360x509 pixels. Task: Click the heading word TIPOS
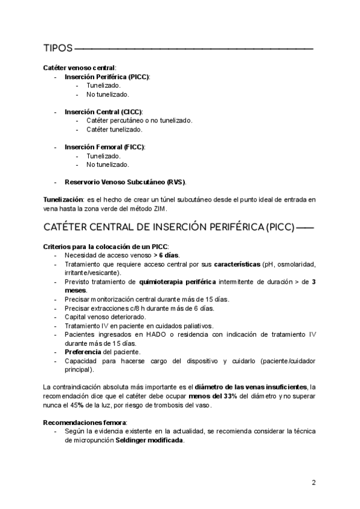pyautogui.click(x=58, y=47)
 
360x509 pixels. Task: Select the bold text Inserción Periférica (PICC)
pyautogui.click(x=107, y=77)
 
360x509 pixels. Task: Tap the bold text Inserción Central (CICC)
pyautogui.click(x=103, y=112)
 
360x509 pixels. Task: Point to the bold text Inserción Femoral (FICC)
pyautogui.click(x=104, y=147)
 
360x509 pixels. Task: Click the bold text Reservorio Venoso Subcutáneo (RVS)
pyautogui.click(x=125, y=182)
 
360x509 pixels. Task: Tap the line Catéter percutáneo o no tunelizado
pyautogui.click(x=139, y=121)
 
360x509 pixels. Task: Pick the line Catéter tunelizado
pyautogui.click(x=114, y=130)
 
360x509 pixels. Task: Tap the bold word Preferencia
pyautogui.click(x=83, y=352)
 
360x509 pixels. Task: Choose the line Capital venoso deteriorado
pyautogui.click(x=105, y=317)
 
